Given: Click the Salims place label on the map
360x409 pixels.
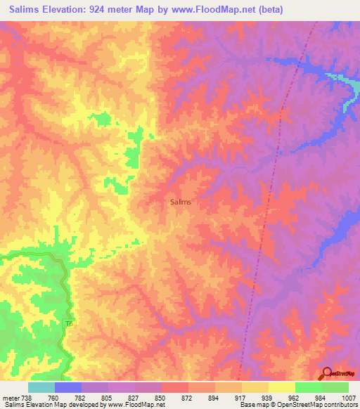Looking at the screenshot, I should (181, 202).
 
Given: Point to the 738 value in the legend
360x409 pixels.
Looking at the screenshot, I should (25, 397).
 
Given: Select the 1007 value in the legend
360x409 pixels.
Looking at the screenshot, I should (347, 397).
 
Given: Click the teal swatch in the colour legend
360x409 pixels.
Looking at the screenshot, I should (41, 387).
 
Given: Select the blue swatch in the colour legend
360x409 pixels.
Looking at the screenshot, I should (68, 387).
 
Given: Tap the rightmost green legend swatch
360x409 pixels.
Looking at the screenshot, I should (335, 387).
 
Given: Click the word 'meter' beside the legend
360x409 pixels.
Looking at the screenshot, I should (8, 397).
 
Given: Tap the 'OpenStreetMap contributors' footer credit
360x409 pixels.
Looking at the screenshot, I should (320, 405).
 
